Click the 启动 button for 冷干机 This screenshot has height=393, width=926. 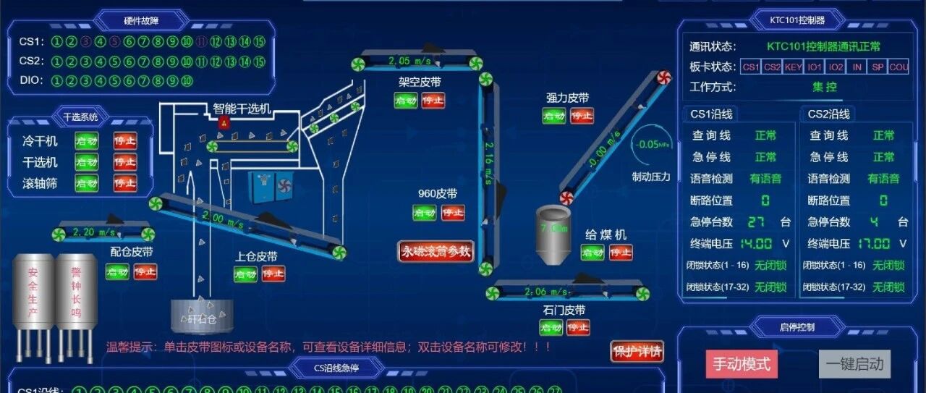click(87, 141)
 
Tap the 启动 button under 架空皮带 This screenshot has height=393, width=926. click(406, 101)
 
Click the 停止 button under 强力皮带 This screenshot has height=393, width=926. click(582, 116)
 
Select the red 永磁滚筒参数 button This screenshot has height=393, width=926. click(436, 252)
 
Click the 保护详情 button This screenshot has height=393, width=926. click(637, 352)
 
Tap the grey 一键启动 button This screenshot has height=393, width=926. click(854, 364)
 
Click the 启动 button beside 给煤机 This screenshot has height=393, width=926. click(592, 253)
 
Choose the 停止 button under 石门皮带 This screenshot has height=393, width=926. click(578, 328)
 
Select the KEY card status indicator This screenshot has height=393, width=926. click(794, 67)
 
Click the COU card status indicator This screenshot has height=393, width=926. click(898, 67)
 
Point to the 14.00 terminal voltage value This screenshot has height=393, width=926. click(755, 244)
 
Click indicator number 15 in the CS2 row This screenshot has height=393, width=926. click(259, 62)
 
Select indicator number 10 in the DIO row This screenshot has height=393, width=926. click(187, 81)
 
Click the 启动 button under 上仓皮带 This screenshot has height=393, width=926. click(245, 274)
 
